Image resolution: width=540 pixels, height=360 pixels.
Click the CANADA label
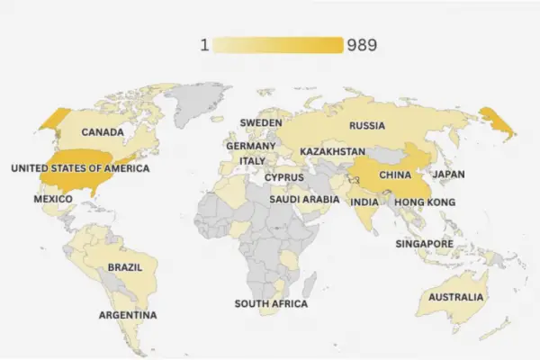click(x=103, y=132)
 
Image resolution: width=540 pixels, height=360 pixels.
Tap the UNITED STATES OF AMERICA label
click(x=80, y=168)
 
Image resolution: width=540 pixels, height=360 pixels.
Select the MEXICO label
click(x=53, y=198)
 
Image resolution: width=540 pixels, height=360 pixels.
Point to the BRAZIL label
click(x=125, y=267)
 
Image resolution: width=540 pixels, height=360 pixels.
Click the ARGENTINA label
click(x=128, y=315)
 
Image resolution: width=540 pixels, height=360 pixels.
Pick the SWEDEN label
click(x=260, y=122)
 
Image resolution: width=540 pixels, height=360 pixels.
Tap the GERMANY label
click(x=251, y=146)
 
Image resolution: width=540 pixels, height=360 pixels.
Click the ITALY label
click(x=252, y=160)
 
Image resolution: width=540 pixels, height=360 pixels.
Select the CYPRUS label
click(x=283, y=177)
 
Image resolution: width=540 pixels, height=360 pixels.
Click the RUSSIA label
click(x=367, y=125)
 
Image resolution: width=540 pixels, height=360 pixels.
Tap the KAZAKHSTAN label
click(x=333, y=151)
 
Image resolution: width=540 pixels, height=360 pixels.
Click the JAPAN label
click(x=448, y=175)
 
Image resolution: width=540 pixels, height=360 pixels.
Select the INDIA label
click(x=364, y=202)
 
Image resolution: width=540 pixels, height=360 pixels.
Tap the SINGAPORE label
click(x=424, y=244)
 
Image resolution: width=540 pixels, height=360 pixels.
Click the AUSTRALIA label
click(x=456, y=298)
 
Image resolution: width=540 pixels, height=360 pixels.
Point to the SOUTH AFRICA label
click(x=271, y=304)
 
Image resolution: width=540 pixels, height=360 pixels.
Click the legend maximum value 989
click(x=361, y=45)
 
